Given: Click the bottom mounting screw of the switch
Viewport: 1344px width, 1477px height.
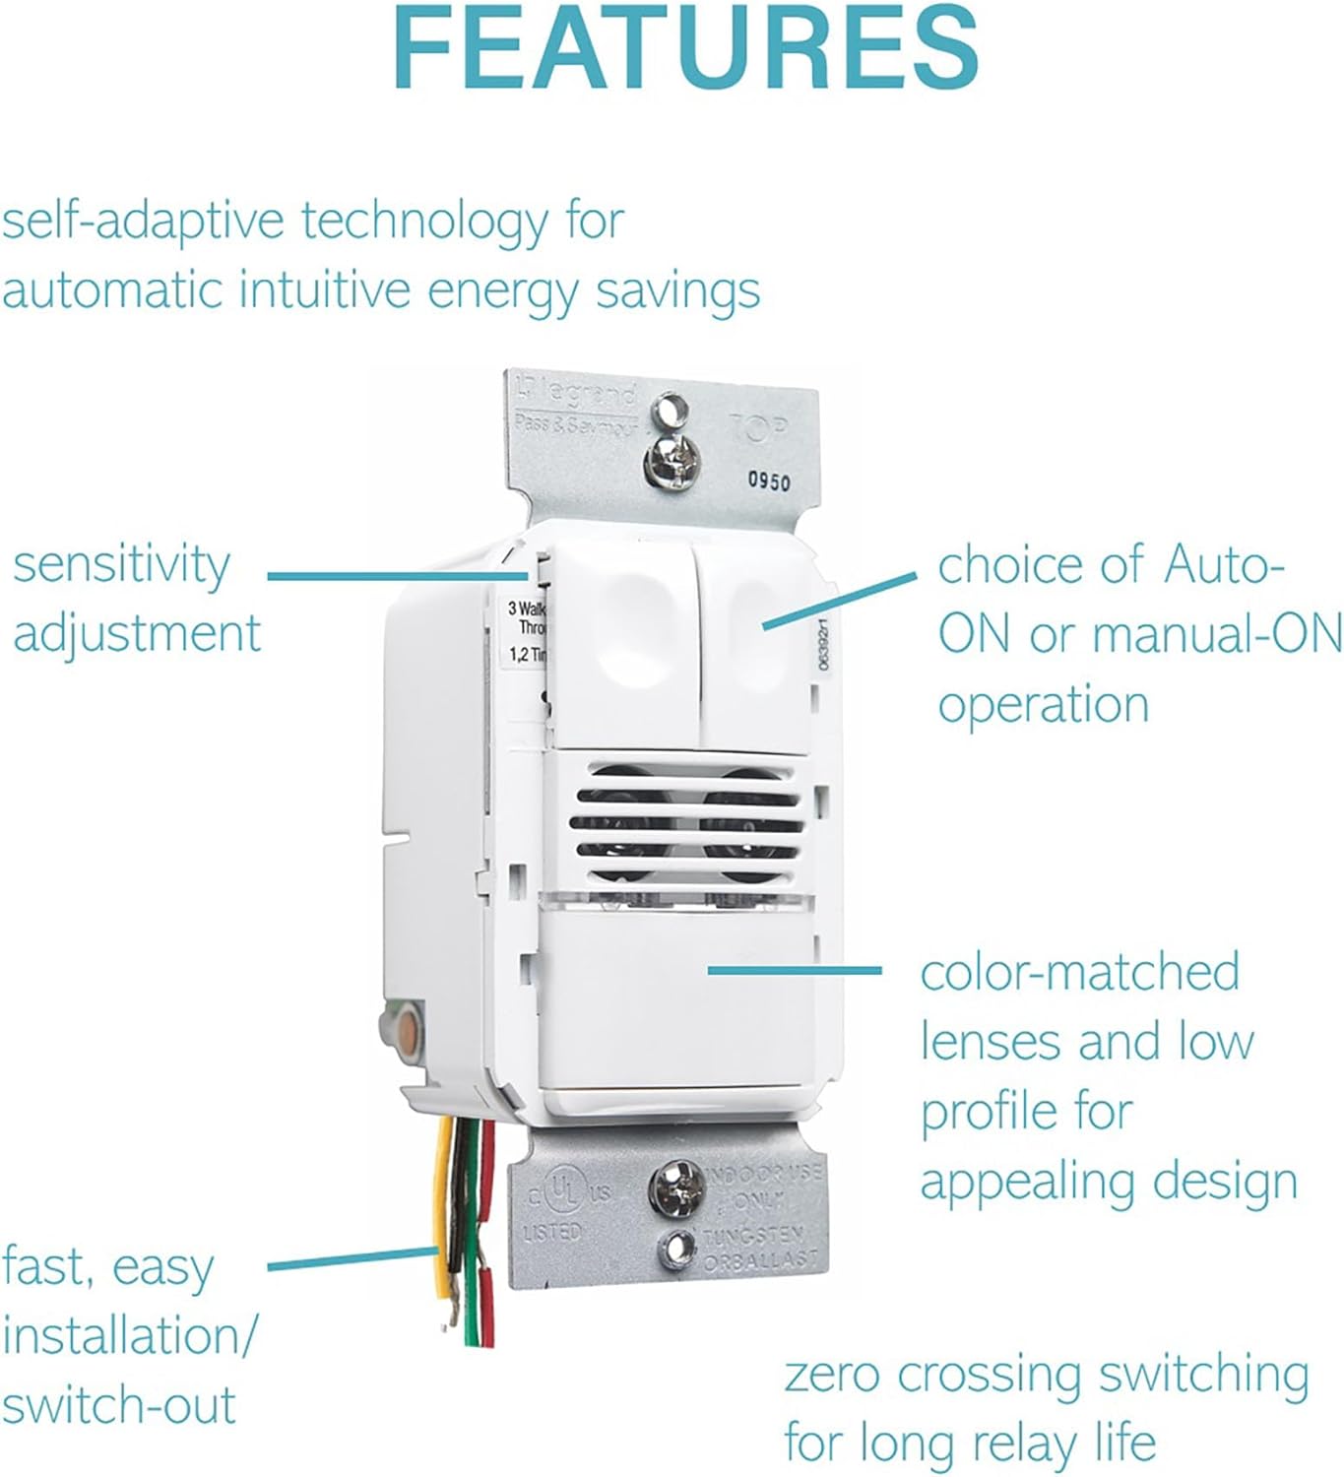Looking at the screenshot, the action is tap(673, 1185).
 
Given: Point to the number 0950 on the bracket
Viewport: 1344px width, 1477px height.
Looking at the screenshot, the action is tap(768, 482).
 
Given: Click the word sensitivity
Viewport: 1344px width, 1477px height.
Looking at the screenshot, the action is tap(121, 566).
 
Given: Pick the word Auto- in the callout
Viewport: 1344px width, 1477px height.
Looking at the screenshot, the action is tap(1224, 566).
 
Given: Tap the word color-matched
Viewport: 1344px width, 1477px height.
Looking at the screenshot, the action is tap(1079, 973).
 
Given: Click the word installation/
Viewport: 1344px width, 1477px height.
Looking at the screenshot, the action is tap(129, 1336).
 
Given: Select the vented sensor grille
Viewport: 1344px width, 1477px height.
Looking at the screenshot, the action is tap(685, 822).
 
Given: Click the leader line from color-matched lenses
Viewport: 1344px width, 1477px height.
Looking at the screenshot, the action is tap(794, 970).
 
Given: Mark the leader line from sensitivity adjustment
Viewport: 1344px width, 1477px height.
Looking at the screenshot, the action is tap(394, 576).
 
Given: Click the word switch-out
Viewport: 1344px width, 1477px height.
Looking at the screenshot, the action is tap(119, 1405).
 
